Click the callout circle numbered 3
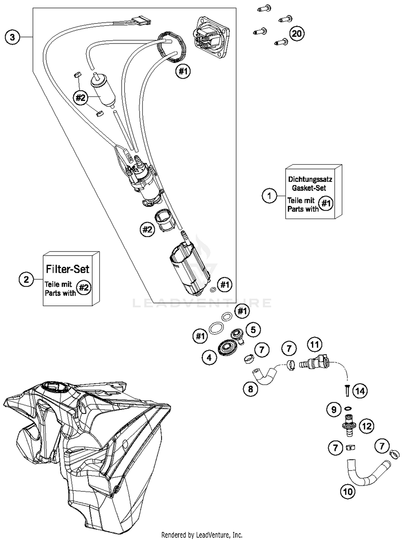click(x=12, y=37)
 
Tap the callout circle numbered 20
click(x=297, y=34)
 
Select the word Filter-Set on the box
click(x=67, y=269)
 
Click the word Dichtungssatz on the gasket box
click(x=310, y=179)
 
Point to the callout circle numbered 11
click(x=315, y=345)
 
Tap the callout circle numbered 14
click(x=360, y=391)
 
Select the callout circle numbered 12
click(x=367, y=426)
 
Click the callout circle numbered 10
click(x=348, y=492)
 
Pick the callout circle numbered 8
click(x=250, y=389)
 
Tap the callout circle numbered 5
click(x=253, y=330)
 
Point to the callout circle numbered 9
click(x=334, y=410)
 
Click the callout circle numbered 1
click(x=269, y=196)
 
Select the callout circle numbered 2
click(x=26, y=279)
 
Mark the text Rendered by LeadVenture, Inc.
click(x=202, y=535)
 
